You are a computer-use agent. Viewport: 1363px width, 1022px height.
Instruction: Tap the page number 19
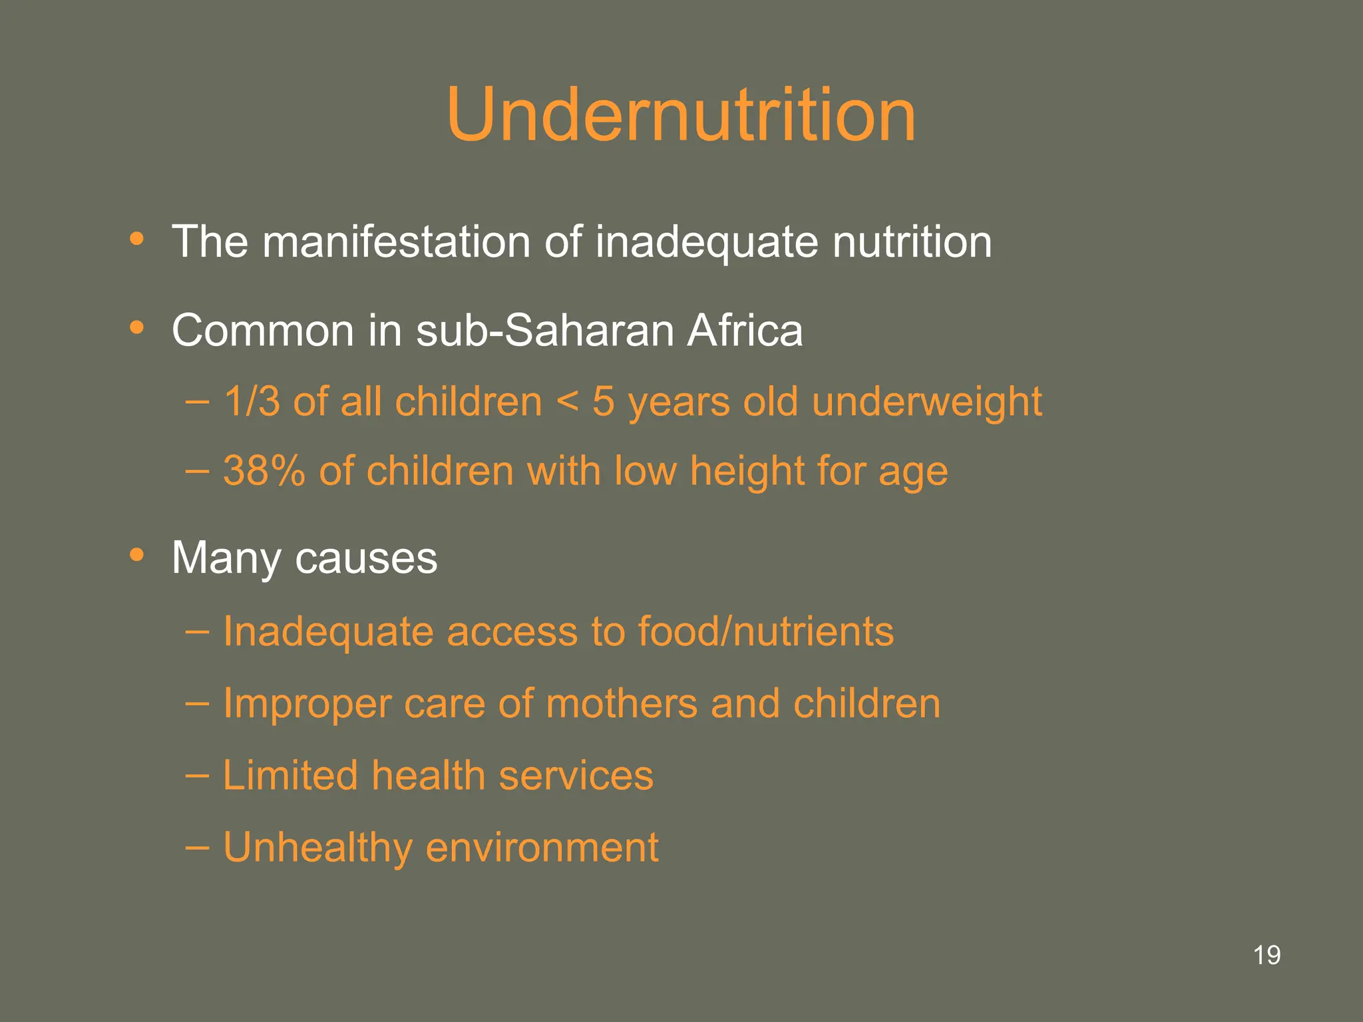coord(1266,955)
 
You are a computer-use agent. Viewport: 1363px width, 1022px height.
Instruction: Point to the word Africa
coord(745,330)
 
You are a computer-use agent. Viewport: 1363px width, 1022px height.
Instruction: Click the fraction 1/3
coord(252,402)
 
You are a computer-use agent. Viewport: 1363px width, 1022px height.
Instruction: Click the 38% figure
coord(264,471)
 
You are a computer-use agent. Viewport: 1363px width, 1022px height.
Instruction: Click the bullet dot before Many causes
coord(137,554)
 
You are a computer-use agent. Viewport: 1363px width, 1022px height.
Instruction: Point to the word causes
coord(366,558)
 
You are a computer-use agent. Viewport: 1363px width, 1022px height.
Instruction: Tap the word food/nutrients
coord(765,631)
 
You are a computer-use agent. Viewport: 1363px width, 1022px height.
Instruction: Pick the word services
coord(576,776)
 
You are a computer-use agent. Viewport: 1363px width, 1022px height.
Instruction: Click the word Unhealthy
coord(317,848)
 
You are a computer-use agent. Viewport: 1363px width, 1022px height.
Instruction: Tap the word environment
coord(542,848)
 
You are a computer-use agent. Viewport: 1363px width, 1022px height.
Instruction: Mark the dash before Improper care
coord(197,703)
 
